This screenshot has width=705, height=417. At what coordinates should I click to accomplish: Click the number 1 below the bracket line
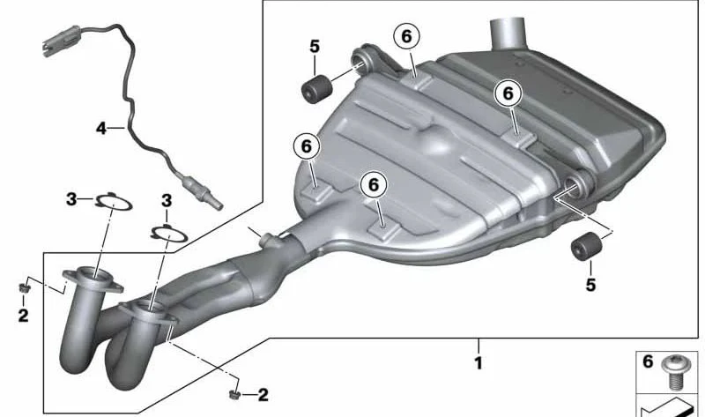pos(479,362)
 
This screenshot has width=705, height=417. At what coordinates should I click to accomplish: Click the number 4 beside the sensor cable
pos(101,128)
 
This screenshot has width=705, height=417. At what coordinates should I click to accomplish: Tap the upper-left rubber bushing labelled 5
pos(315,90)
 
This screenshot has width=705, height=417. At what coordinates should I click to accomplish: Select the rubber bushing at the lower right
pos(586,247)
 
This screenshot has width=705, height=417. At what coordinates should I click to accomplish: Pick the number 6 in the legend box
pos(648,361)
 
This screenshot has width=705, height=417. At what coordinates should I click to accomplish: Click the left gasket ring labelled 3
pos(114,202)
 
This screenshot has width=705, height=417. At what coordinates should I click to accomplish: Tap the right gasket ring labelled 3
pos(169,234)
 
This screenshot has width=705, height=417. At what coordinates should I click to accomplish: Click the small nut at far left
pos(24,287)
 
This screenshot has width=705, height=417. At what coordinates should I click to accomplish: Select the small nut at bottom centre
pos(234,394)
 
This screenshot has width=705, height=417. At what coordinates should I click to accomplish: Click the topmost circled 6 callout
pos(406,36)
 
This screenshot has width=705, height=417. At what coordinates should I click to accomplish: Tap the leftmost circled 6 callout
pos(306,146)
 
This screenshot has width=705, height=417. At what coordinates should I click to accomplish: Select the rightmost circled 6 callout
pos(508,93)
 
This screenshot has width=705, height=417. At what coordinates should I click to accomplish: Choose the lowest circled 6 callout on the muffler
pos(374,185)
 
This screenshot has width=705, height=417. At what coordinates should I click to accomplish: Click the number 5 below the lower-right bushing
pos(590,284)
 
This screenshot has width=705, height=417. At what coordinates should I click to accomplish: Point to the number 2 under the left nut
pos(24,315)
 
